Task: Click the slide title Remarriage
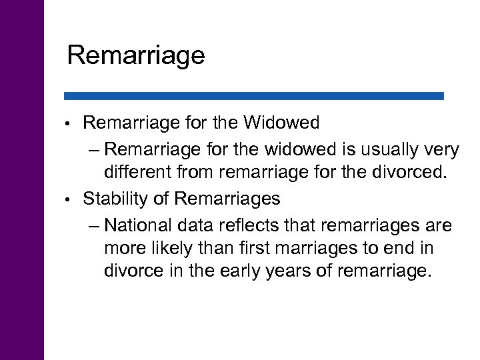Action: click(136, 55)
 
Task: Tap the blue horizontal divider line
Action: click(253, 96)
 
